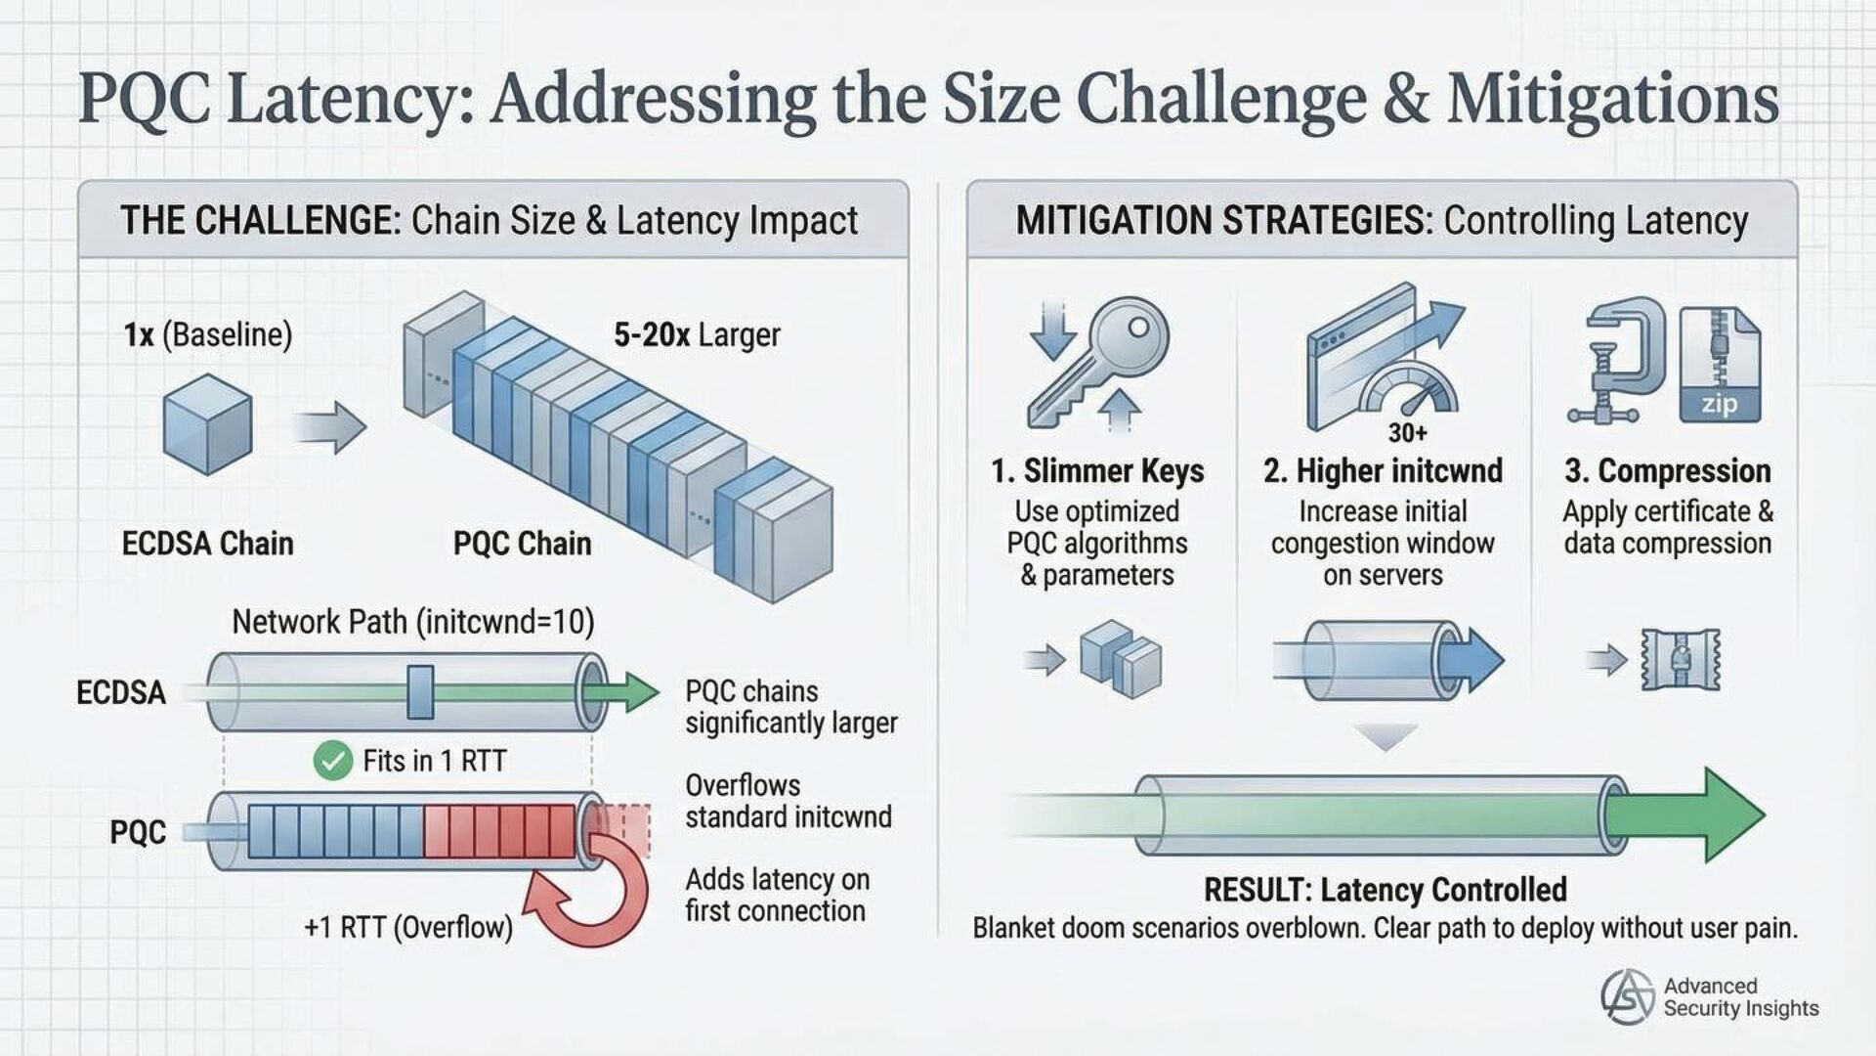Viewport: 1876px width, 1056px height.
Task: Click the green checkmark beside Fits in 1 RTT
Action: [332, 761]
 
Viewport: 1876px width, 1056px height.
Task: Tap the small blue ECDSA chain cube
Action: [207, 424]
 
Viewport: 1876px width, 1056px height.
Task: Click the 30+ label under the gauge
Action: [1407, 432]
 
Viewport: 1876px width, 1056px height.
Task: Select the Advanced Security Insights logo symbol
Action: [1627, 997]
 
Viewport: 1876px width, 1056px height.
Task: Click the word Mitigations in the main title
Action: [1612, 100]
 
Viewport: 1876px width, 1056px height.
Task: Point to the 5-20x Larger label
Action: [697, 335]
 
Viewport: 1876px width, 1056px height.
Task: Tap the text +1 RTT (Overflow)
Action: [408, 927]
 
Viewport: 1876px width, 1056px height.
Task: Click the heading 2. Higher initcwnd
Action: [1383, 471]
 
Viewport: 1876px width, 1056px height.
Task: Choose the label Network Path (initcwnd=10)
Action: [412, 622]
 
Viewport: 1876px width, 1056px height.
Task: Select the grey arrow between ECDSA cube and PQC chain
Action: [329, 426]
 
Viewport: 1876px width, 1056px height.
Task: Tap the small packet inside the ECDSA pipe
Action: [420, 692]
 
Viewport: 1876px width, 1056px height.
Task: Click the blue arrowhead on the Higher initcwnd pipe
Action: [1480, 660]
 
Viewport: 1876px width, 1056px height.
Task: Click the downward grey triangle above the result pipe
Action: [1386, 736]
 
